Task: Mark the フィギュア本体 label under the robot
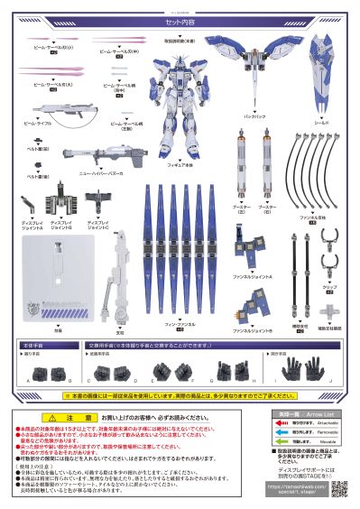click(x=180, y=162)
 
